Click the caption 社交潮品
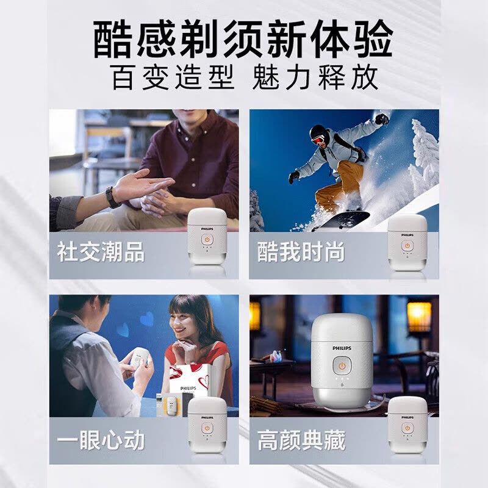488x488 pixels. pos(101,252)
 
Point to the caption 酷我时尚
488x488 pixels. pos(301,252)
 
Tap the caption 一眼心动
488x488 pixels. pos(101,440)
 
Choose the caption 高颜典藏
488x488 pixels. pos(301,440)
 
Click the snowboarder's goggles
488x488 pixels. pos(317,138)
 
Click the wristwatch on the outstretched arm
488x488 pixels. pos(112,196)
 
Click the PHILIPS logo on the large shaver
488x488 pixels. pos(342,346)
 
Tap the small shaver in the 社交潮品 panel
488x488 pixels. pos(206,239)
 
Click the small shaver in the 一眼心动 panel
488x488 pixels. pos(206,427)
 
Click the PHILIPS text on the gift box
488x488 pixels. pos(188,387)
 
